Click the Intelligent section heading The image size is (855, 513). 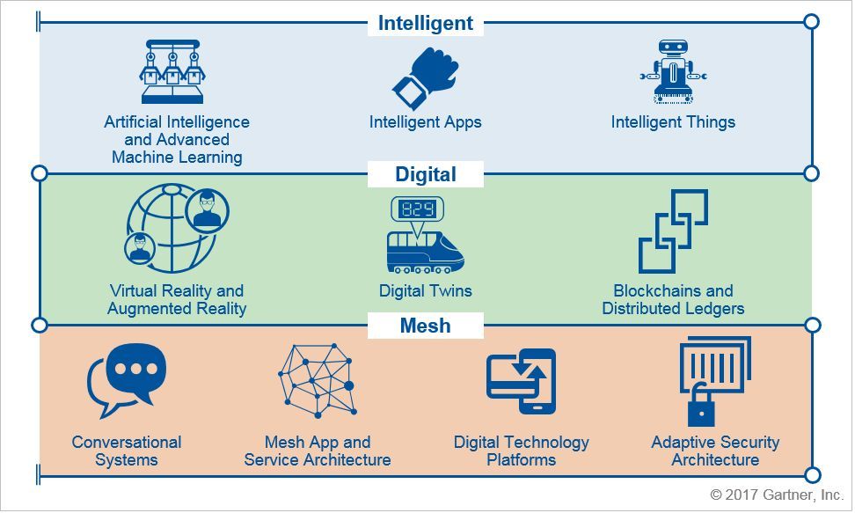point(426,24)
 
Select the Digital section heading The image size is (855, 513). point(426,174)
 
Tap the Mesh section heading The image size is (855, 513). point(426,326)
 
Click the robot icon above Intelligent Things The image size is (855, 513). point(674,71)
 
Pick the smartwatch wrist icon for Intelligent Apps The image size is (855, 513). point(426,78)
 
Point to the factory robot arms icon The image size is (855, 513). point(172,71)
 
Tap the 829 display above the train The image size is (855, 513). point(417,209)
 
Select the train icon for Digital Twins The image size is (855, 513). point(426,253)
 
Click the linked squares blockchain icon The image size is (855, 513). point(674,231)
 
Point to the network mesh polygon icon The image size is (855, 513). point(318,381)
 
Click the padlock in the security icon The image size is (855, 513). point(701,407)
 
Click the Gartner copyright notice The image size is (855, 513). point(777,495)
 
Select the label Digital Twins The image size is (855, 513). point(426,291)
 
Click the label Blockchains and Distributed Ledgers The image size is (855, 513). point(674,299)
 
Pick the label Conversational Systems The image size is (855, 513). point(127,451)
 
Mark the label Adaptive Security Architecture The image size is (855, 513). point(715,451)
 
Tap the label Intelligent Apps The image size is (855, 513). point(426,122)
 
